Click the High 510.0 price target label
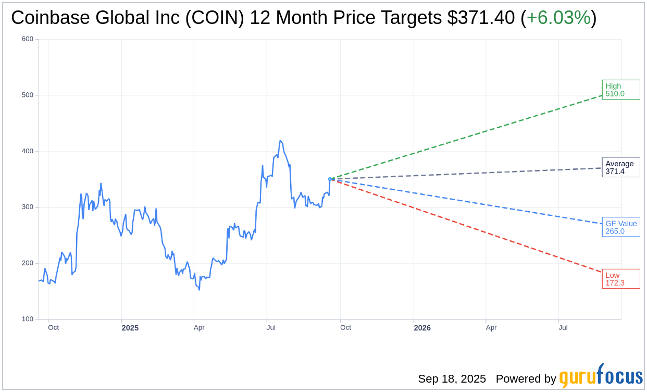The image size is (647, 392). click(x=620, y=90)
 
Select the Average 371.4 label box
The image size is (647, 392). click(x=620, y=167)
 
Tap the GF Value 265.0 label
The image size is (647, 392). click(x=620, y=227)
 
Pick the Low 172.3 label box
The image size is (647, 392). click(x=620, y=279)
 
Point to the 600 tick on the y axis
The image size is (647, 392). click(x=28, y=39)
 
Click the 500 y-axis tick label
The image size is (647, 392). click(x=28, y=95)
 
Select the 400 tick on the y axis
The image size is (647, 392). click(x=28, y=151)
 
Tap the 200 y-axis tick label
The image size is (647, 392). click(x=28, y=263)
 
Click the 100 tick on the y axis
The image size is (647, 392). click(x=28, y=319)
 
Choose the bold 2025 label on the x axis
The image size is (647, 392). click(x=130, y=328)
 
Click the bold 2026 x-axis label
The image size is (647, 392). click(x=422, y=328)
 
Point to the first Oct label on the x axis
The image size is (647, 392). click(x=53, y=328)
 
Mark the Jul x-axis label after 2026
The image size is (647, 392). click(x=563, y=328)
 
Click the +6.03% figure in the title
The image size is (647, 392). click(x=558, y=18)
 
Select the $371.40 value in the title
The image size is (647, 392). click(x=481, y=18)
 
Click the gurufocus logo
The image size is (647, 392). click(x=601, y=377)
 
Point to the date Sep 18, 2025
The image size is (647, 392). click(x=452, y=379)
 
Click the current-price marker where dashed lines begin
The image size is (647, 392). click(x=330, y=179)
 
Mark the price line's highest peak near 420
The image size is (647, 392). click(x=280, y=141)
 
